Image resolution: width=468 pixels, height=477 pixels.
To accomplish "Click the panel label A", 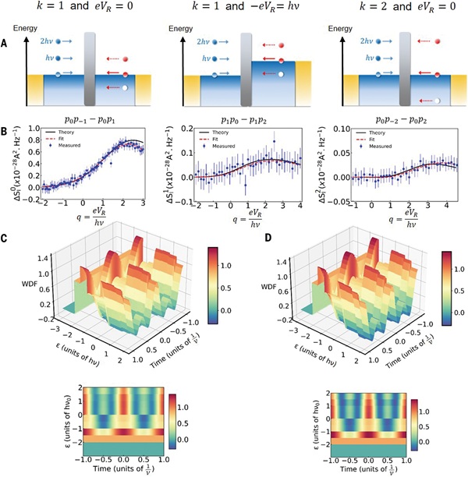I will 7,44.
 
